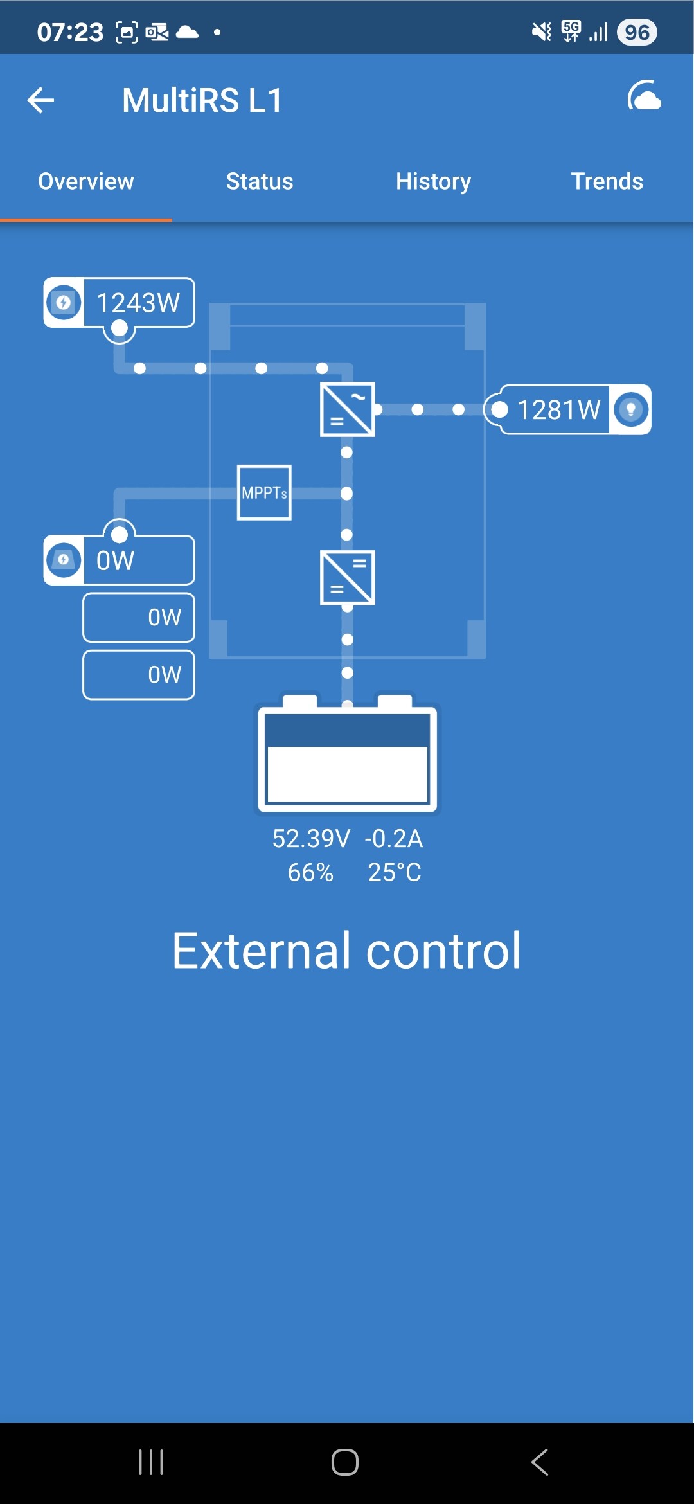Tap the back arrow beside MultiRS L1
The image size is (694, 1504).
(x=40, y=100)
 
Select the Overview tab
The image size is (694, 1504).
(x=86, y=181)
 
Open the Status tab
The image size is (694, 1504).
(x=260, y=181)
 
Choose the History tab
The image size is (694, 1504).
(x=433, y=182)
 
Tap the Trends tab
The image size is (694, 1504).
(x=607, y=181)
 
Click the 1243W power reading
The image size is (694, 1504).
(x=138, y=303)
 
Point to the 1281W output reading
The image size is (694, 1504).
(x=559, y=409)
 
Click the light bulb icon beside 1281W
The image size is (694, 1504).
(x=630, y=409)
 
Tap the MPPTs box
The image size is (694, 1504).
(x=264, y=492)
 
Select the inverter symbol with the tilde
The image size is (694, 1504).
(x=348, y=409)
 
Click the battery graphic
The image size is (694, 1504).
(x=348, y=753)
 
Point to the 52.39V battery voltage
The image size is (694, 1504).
(x=311, y=839)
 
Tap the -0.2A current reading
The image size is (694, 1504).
(x=393, y=839)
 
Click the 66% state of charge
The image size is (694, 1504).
(x=310, y=872)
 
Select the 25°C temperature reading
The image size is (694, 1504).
(x=395, y=872)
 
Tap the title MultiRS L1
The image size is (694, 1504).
(x=202, y=100)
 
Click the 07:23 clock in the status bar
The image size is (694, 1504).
(x=70, y=32)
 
